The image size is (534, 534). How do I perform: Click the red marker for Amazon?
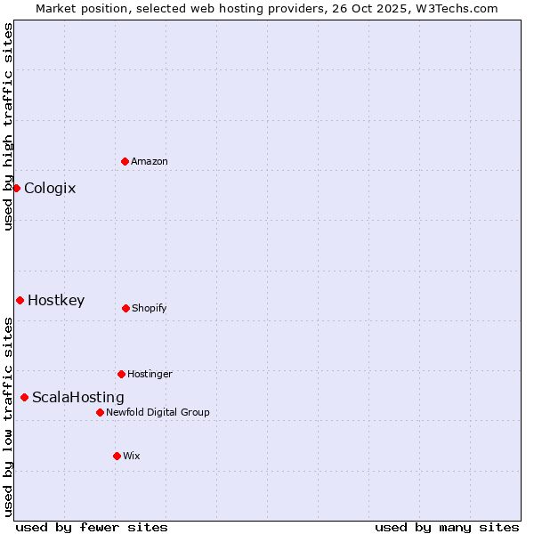(125, 161)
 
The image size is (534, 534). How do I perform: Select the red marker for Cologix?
(16, 188)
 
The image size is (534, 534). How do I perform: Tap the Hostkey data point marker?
(20, 300)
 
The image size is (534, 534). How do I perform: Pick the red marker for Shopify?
(125, 308)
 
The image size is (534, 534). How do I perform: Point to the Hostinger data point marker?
(121, 374)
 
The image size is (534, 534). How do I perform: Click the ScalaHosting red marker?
(24, 397)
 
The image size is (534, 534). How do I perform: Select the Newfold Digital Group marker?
(100, 412)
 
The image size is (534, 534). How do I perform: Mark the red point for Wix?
(117, 456)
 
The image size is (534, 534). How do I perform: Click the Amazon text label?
(150, 161)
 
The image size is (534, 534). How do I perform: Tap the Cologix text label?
(50, 188)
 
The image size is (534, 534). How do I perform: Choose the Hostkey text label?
(56, 300)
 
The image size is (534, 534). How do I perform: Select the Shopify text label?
(150, 308)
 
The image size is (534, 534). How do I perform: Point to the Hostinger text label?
(150, 374)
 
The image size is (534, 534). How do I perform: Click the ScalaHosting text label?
(78, 397)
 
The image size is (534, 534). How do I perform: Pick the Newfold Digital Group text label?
(158, 412)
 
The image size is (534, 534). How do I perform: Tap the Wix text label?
(132, 456)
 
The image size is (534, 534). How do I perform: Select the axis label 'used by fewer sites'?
(92, 527)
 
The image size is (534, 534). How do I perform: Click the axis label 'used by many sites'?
(447, 527)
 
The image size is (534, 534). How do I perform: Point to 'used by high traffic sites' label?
(8, 126)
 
